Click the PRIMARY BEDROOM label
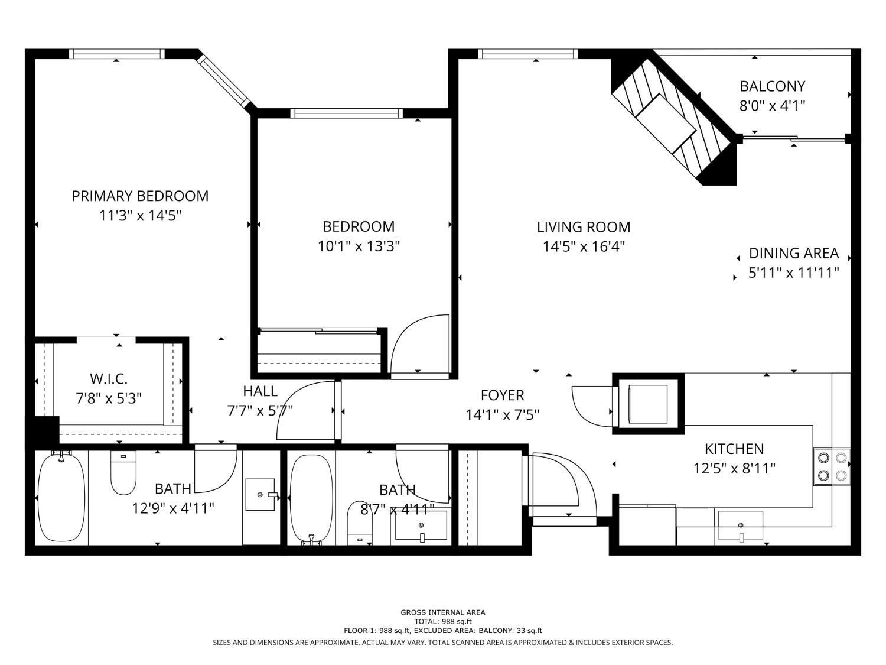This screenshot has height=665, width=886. pyautogui.click(x=140, y=196)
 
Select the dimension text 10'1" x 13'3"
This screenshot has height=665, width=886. pyautogui.click(x=359, y=246)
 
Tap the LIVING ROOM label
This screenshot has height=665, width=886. pyautogui.click(x=583, y=227)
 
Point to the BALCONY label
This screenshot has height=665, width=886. pyautogui.click(x=772, y=86)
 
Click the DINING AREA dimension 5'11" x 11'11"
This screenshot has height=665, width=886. pyautogui.click(x=793, y=273)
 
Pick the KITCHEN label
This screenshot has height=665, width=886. pyautogui.click(x=734, y=449)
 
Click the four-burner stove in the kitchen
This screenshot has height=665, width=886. pyautogui.click(x=832, y=466)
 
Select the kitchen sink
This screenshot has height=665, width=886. pyautogui.click(x=740, y=525)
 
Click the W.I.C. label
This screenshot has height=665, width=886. pyautogui.click(x=108, y=379)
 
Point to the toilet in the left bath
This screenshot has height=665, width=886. pyautogui.click(x=123, y=473)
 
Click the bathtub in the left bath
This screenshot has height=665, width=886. pyautogui.click(x=61, y=497)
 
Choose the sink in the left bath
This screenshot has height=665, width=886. pyautogui.click(x=260, y=494)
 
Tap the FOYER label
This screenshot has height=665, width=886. pyautogui.click(x=502, y=395)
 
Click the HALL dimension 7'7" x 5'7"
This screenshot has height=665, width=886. pyautogui.click(x=260, y=410)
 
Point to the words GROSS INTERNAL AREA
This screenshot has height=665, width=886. pyautogui.click(x=442, y=612)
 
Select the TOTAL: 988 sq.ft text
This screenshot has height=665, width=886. pyautogui.click(x=442, y=621)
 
